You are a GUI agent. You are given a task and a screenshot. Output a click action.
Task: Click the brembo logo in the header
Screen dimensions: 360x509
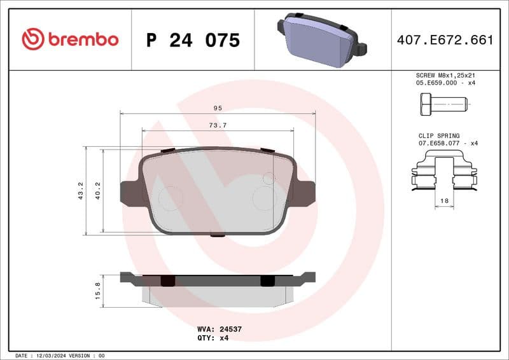click(70, 39)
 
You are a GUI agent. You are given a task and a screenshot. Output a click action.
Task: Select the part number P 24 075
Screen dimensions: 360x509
click(193, 40)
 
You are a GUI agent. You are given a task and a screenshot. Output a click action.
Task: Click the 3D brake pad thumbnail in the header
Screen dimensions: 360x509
click(321, 39)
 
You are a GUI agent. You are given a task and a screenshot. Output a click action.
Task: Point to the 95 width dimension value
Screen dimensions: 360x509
click(218, 107)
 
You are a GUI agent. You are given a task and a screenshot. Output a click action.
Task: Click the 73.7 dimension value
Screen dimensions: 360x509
click(218, 125)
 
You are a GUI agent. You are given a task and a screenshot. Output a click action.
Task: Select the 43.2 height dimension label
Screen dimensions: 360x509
click(80, 190)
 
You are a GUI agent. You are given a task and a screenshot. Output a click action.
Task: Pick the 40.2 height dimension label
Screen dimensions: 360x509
click(98, 190)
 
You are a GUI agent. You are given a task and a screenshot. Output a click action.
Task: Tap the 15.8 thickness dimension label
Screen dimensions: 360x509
click(97, 289)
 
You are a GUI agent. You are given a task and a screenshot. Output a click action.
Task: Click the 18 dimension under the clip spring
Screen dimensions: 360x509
click(444, 201)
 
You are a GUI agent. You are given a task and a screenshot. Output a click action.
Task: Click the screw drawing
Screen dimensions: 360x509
click(443, 103)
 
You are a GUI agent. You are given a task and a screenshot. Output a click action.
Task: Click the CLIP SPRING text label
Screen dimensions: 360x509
click(438, 135)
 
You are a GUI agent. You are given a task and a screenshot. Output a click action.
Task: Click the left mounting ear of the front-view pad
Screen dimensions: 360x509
click(131, 192)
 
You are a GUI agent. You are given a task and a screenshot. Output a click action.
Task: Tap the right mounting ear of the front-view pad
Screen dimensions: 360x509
click(304, 192)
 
